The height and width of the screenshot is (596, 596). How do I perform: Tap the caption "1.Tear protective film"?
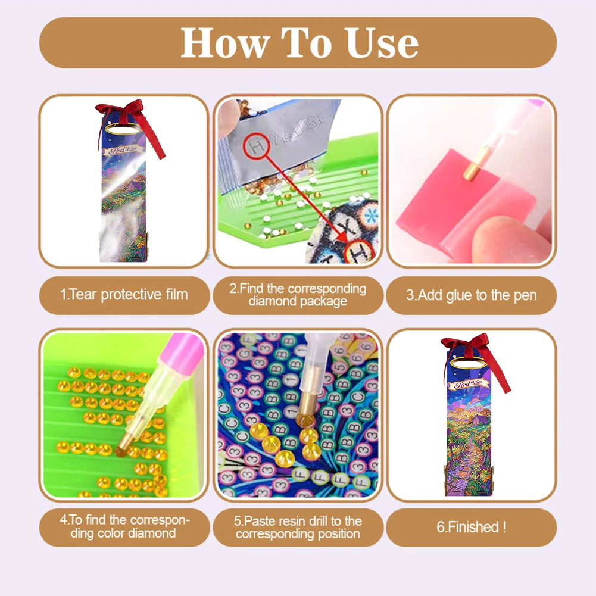124,294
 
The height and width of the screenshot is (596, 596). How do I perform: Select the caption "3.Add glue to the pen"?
471,295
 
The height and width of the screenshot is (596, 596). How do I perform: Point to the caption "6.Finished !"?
471,527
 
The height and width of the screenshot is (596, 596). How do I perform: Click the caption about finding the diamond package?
298,295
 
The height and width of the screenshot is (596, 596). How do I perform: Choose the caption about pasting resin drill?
298,527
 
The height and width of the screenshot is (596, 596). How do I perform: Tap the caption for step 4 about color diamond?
124,527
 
